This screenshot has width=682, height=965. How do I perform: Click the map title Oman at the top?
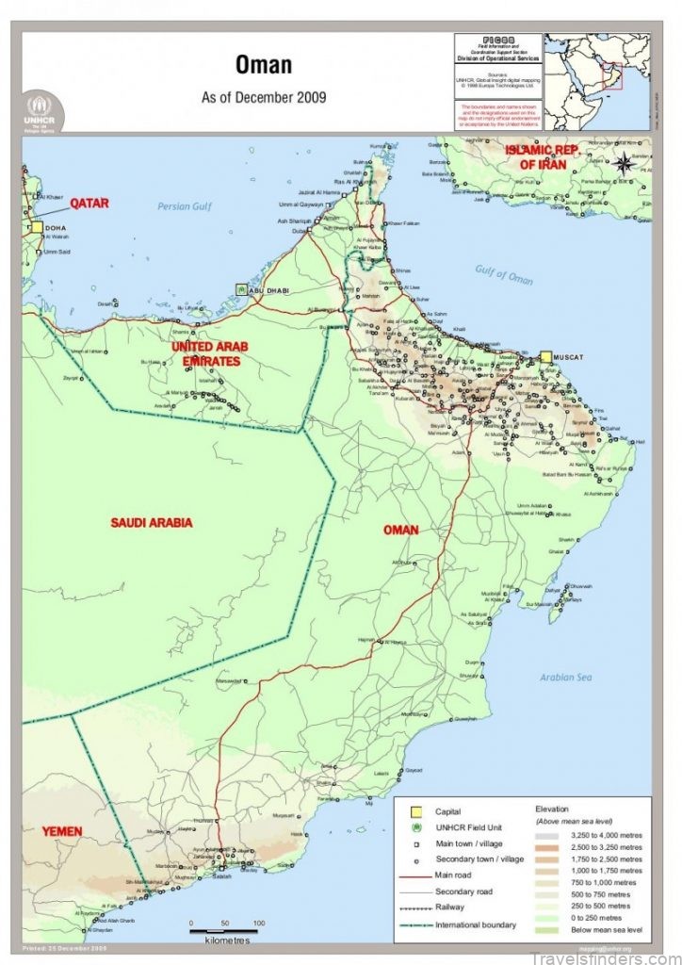[x=263, y=65]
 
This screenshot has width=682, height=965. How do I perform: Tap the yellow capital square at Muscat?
[x=545, y=357]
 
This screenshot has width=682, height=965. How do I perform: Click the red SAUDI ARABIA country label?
[x=151, y=522]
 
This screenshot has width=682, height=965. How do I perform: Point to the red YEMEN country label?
[x=61, y=831]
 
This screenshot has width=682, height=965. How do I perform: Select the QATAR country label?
[x=89, y=203]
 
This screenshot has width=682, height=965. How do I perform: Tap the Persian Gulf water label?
[x=187, y=206]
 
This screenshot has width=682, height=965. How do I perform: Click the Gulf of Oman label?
[x=504, y=274]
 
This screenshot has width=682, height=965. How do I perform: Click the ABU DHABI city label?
[x=268, y=290]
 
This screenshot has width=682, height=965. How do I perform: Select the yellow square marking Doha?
[x=36, y=227]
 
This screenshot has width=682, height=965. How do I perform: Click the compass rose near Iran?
[x=624, y=163]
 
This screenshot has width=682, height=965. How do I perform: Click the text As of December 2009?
[x=263, y=97]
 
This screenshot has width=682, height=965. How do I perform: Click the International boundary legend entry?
[x=476, y=924]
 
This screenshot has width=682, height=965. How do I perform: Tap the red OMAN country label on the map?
[x=400, y=530]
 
